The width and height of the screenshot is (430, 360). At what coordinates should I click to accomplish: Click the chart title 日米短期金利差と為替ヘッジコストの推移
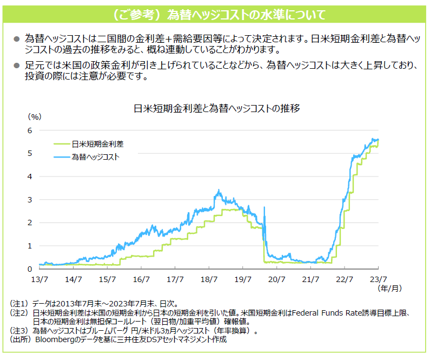(x=216, y=108)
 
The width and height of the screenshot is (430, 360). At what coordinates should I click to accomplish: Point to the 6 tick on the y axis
(x=30, y=130)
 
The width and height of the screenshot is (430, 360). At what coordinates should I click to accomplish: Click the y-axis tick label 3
(x=30, y=200)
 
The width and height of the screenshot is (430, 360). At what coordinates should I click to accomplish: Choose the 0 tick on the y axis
(x=30, y=269)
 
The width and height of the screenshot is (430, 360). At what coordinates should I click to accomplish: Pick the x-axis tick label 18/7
(x=209, y=279)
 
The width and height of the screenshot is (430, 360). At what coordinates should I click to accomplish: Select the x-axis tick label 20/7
(x=276, y=279)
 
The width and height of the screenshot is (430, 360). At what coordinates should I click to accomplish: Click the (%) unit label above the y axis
(x=34, y=116)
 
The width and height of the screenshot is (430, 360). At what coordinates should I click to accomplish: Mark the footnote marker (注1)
(x=20, y=304)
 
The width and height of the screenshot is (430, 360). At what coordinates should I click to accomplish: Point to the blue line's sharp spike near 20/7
(x=264, y=207)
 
